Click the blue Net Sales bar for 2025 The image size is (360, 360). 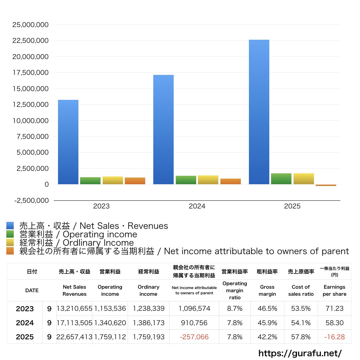click(259, 112)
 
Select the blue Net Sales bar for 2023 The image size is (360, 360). click(68, 142)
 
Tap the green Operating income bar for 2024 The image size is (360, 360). click(186, 180)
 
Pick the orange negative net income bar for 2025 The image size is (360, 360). click(326, 185)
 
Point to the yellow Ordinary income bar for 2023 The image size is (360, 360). click(113, 180)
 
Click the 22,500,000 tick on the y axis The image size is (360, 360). click(30, 41)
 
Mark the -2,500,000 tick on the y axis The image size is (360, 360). click(30, 200)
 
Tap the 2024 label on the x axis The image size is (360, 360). click(197, 206)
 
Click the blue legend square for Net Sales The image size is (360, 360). click(10, 226)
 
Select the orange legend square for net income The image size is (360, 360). click(10, 251)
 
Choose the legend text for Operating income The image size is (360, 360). click(78, 234)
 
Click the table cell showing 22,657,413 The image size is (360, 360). click(75, 337)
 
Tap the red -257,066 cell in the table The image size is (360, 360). click(194, 337)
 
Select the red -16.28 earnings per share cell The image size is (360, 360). click(334, 337)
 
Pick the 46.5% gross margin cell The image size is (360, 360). click(267, 309)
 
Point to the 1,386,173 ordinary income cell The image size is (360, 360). click(149, 323)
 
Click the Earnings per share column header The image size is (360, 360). click(334, 290)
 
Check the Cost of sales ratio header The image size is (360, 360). click(301, 290)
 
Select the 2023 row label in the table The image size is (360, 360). click(25, 309)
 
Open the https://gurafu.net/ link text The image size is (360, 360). click(300, 353)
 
